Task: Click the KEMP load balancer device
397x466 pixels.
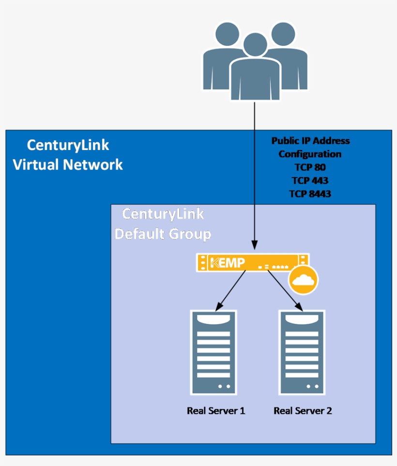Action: pos(252,263)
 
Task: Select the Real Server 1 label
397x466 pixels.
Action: pos(216,411)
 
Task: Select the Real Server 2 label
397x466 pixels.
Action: pos(303,411)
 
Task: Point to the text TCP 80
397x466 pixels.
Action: pos(310,167)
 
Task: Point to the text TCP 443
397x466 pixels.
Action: pos(310,180)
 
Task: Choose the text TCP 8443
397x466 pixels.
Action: pos(310,194)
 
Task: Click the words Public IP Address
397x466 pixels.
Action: pos(310,141)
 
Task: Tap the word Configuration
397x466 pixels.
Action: pos(310,154)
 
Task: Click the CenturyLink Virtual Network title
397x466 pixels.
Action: pos(68,155)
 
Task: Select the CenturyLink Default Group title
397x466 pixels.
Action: pos(163,224)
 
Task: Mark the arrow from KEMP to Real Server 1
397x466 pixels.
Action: pos(230,290)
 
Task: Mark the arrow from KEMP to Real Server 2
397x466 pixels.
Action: pos(285,290)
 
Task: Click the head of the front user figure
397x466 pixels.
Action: pos(255,45)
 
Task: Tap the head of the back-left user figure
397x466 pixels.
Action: pos(227,35)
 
